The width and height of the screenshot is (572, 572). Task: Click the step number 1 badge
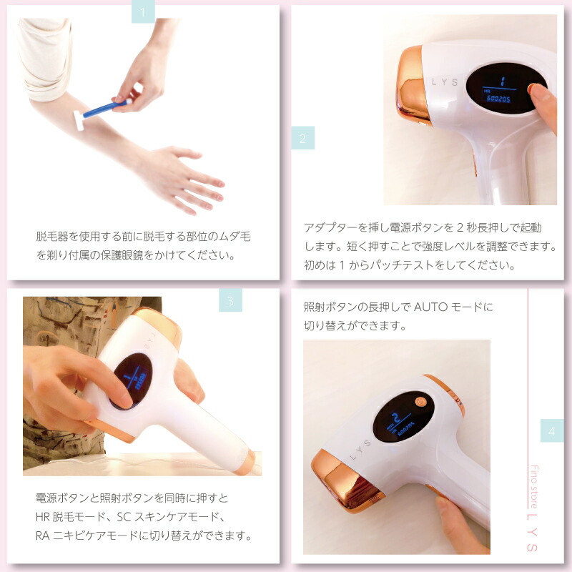coord(143,12)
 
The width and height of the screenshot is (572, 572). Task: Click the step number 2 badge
coord(302,139)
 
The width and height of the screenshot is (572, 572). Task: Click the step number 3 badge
coord(230,300)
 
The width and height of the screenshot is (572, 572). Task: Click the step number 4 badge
coord(551,431)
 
